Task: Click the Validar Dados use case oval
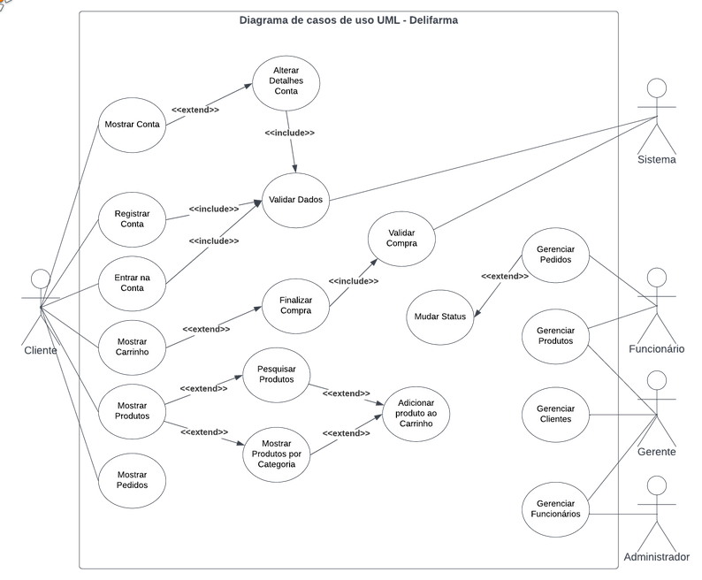(x=295, y=200)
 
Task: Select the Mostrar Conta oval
(x=132, y=125)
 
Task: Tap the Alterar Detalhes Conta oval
(x=286, y=83)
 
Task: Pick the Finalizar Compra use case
(x=295, y=306)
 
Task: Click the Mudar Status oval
(x=440, y=317)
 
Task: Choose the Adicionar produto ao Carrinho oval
(x=416, y=414)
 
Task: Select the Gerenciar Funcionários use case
(x=555, y=509)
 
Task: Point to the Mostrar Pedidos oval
(x=132, y=480)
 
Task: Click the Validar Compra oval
(x=401, y=239)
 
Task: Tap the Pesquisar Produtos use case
(x=276, y=375)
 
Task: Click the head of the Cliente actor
(x=41, y=279)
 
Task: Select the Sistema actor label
(x=657, y=159)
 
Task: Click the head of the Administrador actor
(x=657, y=485)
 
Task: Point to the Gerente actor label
(x=657, y=452)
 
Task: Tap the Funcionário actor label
(x=657, y=349)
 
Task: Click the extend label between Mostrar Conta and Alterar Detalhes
(x=195, y=110)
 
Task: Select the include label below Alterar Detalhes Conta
(x=290, y=133)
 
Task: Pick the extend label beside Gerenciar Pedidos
(x=505, y=277)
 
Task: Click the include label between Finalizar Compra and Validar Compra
(x=354, y=281)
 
